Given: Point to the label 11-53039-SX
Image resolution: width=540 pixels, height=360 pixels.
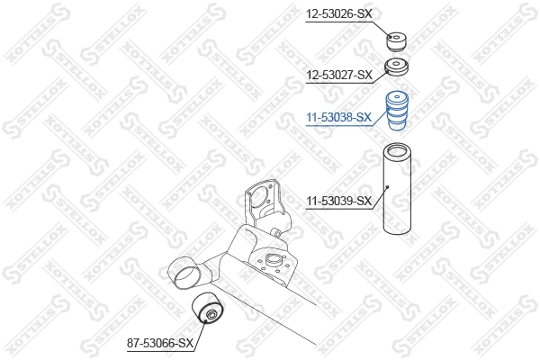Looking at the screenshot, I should [x=338, y=201].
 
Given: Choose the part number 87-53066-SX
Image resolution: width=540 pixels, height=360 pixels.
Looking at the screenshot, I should [x=160, y=343].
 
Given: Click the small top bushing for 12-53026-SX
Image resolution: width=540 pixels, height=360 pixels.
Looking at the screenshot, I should [x=398, y=41].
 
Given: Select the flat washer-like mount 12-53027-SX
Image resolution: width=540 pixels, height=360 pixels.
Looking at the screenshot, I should [x=397, y=67].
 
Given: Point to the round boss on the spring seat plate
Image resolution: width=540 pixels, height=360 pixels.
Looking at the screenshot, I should [x=269, y=262].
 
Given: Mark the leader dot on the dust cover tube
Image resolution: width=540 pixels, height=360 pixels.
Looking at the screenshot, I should [x=387, y=187].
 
